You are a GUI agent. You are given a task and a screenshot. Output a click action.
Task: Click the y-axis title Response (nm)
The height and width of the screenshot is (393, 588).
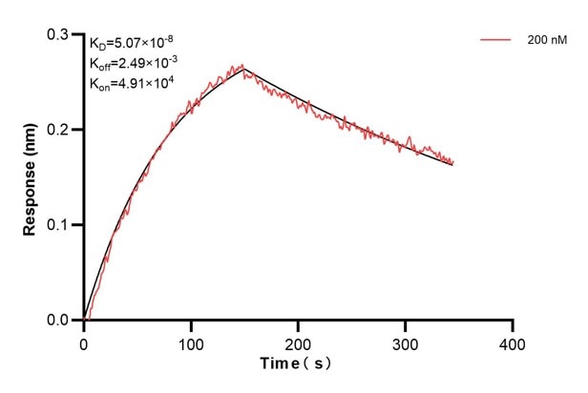(31, 177)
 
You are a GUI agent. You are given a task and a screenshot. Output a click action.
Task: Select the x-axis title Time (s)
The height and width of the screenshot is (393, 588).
(298, 363)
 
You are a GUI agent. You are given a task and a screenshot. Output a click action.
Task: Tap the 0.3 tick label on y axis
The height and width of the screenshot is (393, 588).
(60, 34)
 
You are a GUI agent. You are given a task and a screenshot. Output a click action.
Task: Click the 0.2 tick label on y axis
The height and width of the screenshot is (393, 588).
(60, 130)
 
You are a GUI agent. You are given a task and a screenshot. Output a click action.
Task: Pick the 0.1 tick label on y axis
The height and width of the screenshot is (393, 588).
(60, 225)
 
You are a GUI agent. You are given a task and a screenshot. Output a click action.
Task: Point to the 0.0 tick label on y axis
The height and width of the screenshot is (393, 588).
(60, 321)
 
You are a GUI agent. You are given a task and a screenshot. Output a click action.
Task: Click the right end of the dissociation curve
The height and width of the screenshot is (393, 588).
(452, 163)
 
